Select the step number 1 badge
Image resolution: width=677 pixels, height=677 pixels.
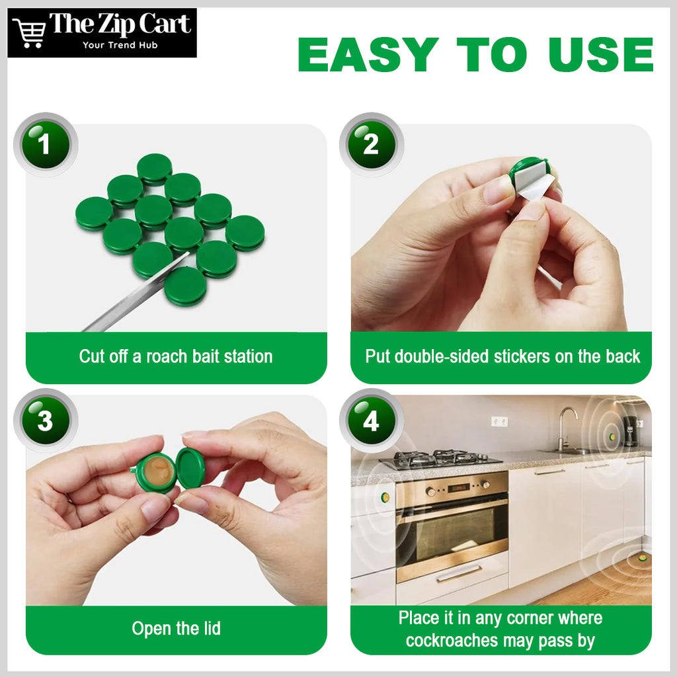pyautogui.click(x=46, y=144)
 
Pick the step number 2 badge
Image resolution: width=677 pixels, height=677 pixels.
pyautogui.click(x=372, y=144)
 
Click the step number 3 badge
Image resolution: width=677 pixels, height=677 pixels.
pyautogui.click(x=46, y=420)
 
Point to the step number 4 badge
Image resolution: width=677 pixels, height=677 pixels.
pyautogui.click(x=372, y=420)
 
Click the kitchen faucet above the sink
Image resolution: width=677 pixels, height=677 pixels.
pyautogui.click(x=566, y=428)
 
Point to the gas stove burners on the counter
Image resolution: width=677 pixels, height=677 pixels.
pyautogui.click(x=440, y=459)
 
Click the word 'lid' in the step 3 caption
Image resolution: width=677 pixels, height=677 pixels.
pyautogui.click(x=212, y=628)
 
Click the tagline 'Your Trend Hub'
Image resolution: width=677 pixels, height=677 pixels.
pyautogui.click(x=120, y=45)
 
